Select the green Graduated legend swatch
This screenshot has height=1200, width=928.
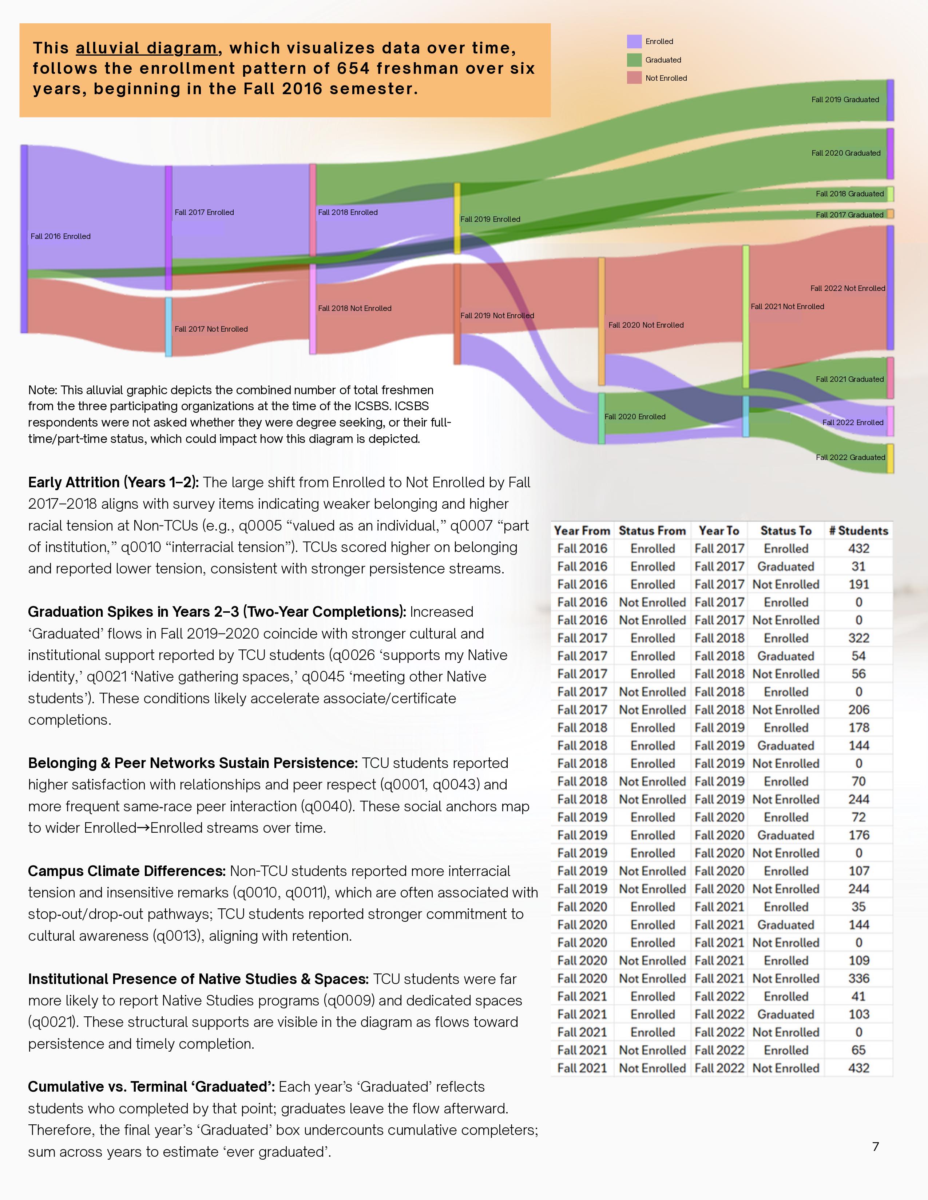(634, 60)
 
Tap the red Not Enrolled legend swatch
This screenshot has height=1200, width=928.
(634, 78)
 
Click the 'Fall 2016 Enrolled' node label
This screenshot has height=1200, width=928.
(60, 236)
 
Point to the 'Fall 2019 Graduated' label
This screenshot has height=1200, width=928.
(845, 99)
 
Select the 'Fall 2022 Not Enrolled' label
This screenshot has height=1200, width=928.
(847, 288)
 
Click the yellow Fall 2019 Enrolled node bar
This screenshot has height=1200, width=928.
(457, 218)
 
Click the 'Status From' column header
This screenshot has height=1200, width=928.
(652, 531)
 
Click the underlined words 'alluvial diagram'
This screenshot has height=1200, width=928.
(146, 48)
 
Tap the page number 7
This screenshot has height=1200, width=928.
(875, 1146)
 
